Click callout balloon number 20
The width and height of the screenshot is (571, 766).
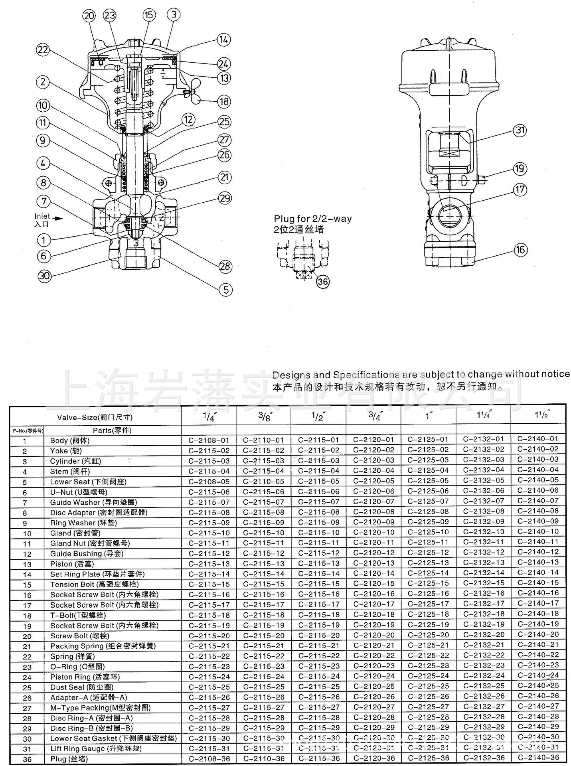coord(89,16)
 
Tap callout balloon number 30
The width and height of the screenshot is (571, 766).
coord(45,276)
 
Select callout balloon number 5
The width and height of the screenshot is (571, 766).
coord(226,290)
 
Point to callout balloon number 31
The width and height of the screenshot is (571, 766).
coord(520,130)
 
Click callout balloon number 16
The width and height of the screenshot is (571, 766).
coord(520,250)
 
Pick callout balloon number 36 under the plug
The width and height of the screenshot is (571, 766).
coord(322,282)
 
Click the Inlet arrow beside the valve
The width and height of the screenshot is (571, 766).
coord(58,218)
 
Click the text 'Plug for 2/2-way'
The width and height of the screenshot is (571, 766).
coord(312,219)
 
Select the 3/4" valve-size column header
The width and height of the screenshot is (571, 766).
coord(374,416)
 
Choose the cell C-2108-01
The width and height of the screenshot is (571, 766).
coord(209,440)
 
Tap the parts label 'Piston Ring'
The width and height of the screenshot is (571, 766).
coord(71,677)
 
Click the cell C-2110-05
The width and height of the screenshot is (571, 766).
coord(263,482)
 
